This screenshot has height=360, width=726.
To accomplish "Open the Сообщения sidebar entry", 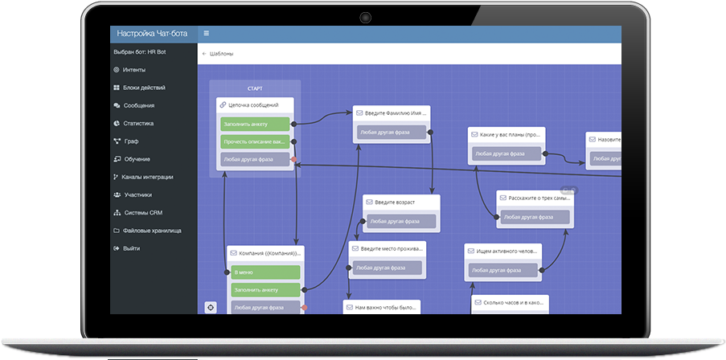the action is point(138,105).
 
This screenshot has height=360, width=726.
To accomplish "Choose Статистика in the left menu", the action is point(137,123).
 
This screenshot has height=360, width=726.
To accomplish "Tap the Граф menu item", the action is point(131,141).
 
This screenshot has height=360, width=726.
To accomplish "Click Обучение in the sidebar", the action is point(137,159).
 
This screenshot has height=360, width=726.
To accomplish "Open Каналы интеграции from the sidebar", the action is point(147,177).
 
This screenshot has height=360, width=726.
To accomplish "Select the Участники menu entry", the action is point(137,194).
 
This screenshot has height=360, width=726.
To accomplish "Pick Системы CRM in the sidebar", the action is point(142,213).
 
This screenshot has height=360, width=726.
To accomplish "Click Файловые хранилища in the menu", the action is point(151,231).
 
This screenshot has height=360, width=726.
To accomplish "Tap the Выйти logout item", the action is point(131,248).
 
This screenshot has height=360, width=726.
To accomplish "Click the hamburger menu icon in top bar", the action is point(207,34).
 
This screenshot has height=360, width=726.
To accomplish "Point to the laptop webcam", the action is point(365,16).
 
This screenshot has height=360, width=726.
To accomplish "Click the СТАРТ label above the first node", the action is point(255,88).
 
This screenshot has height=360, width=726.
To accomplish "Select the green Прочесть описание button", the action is point(255,141).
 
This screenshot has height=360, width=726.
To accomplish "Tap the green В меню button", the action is point(265,272).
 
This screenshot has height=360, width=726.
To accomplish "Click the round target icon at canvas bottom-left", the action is point(211,306).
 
